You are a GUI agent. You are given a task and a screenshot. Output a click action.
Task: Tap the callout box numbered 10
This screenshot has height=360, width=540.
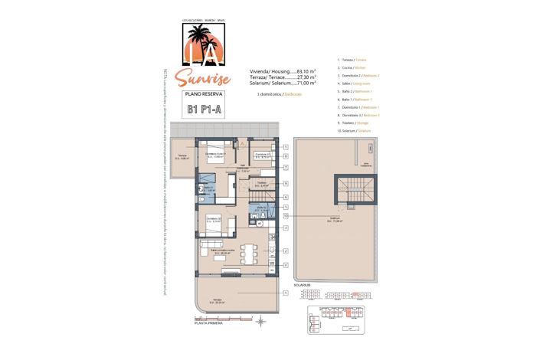coord(285,217)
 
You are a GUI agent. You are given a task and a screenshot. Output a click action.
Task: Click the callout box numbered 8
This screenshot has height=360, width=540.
coord(285,166)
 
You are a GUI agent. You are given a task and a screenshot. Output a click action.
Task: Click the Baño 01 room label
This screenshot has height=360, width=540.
coord(207,188)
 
